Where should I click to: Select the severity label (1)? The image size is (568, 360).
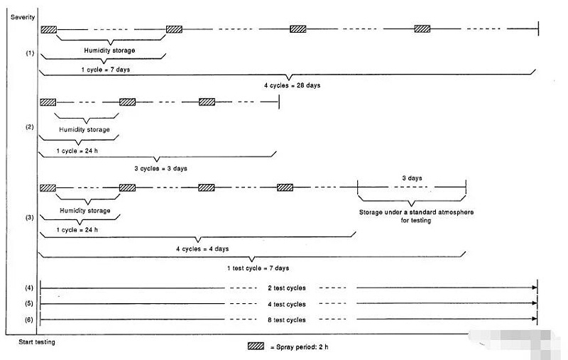(29, 53)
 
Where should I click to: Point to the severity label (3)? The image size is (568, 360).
(29, 216)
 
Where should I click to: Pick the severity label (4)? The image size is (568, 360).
(29, 288)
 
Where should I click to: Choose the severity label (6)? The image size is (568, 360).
(29, 320)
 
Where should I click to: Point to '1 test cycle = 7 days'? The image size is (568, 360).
(258, 268)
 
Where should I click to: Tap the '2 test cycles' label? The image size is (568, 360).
(288, 288)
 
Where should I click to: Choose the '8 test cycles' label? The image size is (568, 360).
(288, 320)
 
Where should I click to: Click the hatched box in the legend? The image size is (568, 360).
(256, 347)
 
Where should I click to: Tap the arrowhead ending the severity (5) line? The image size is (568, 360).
(535, 303)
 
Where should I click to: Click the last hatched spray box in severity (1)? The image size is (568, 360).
(422, 29)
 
